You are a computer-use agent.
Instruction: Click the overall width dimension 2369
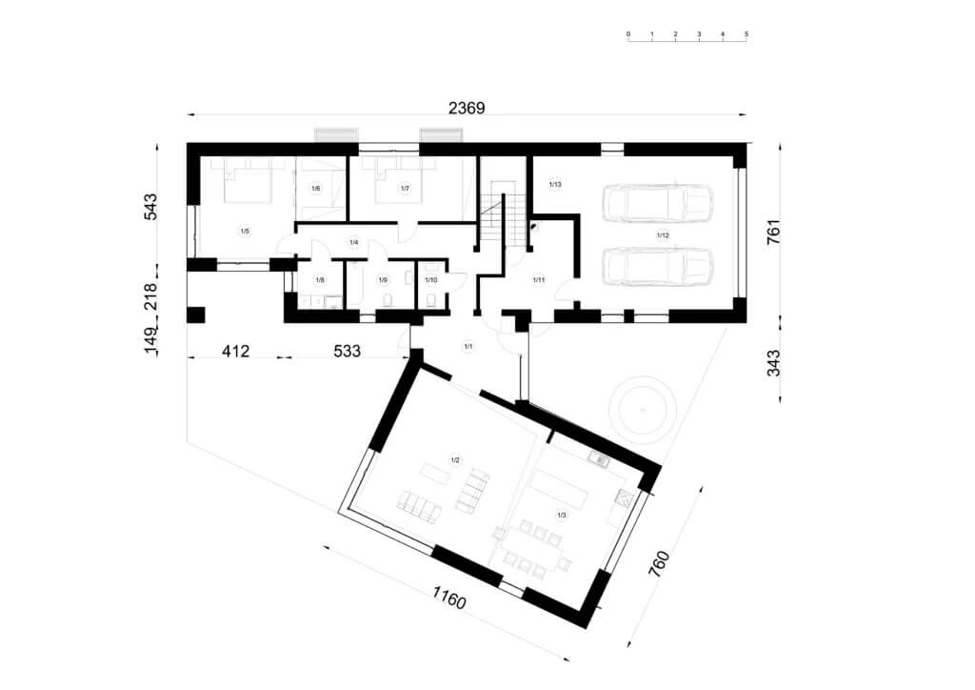coord(467,108)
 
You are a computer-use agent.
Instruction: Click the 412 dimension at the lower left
coord(235,352)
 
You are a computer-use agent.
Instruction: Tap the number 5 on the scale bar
coord(746,34)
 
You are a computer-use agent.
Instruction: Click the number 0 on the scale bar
coord(628,34)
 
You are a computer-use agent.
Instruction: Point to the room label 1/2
coord(455,460)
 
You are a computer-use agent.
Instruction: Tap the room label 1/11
coord(538,279)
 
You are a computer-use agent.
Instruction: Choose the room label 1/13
coord(556,183)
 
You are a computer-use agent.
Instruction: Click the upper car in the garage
coord(659,201)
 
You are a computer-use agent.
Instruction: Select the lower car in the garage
coord(659,266)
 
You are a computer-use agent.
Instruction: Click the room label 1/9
coord(383,280)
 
